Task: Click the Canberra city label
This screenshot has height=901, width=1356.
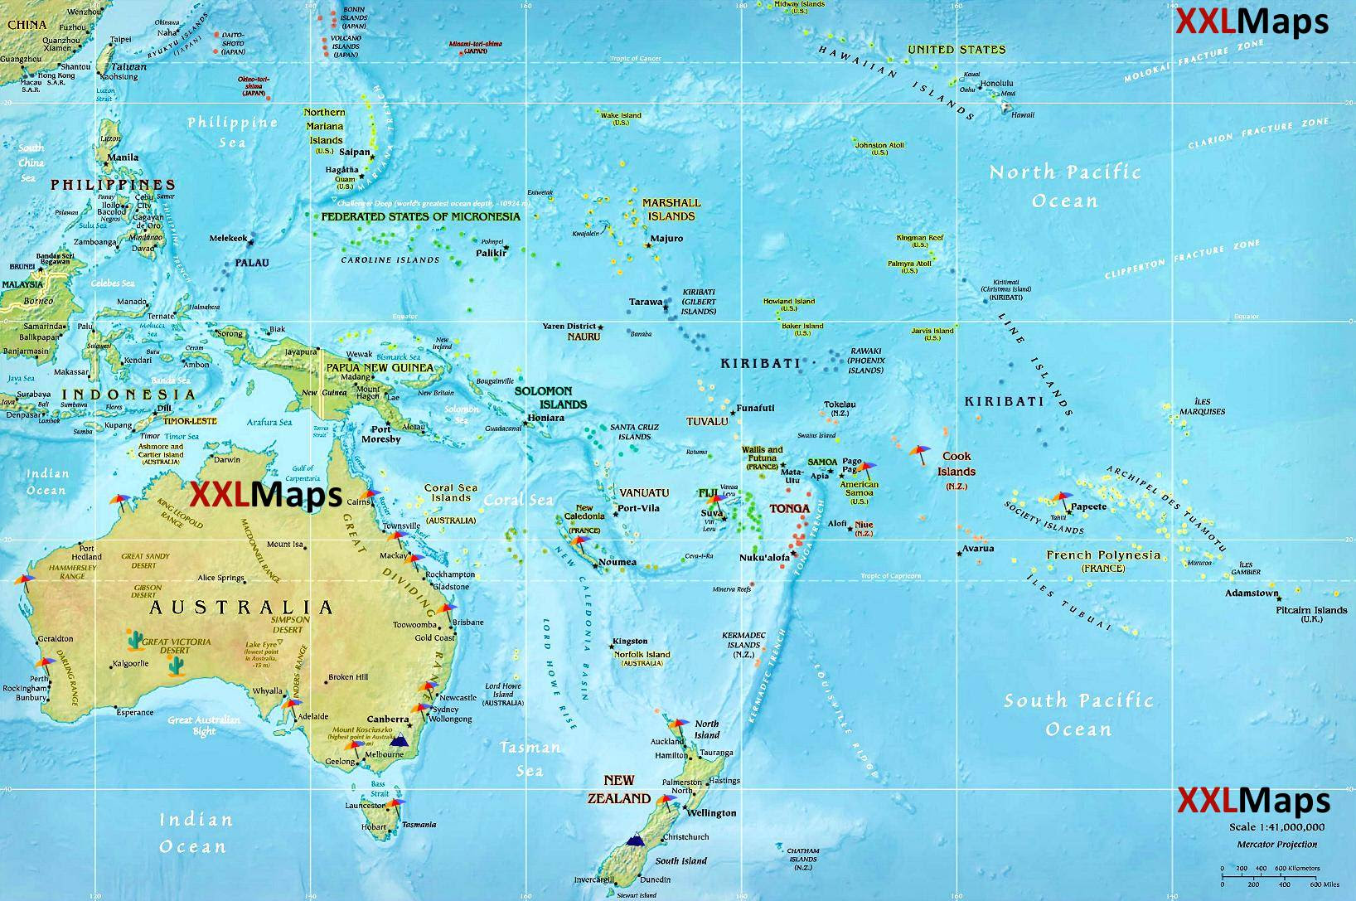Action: tap(387, 719)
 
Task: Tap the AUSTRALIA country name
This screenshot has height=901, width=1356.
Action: tap(241, 608)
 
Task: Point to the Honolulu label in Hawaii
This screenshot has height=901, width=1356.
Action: tap(996, 84)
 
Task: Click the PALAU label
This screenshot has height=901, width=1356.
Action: tap(252, 263)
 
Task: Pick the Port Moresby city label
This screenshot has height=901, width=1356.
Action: tap(380, 434)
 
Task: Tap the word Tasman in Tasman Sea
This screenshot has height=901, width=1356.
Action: tap(530, 748)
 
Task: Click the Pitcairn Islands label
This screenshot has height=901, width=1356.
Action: tap(1311, 610)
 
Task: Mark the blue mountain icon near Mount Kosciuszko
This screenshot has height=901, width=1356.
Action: tap(400, 740)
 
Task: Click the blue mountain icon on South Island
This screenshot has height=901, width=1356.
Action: tap(635, 840)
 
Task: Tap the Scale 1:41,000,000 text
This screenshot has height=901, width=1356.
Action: tap(1276, 827)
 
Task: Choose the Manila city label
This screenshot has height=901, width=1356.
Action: tap(123, 157)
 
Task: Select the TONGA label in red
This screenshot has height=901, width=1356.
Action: tap(789, 508)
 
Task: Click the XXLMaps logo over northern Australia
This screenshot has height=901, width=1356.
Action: tap(265, 495)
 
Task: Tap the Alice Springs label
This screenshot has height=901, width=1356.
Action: tap(220, 578)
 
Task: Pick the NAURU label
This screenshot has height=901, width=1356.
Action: tap(584, 337)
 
